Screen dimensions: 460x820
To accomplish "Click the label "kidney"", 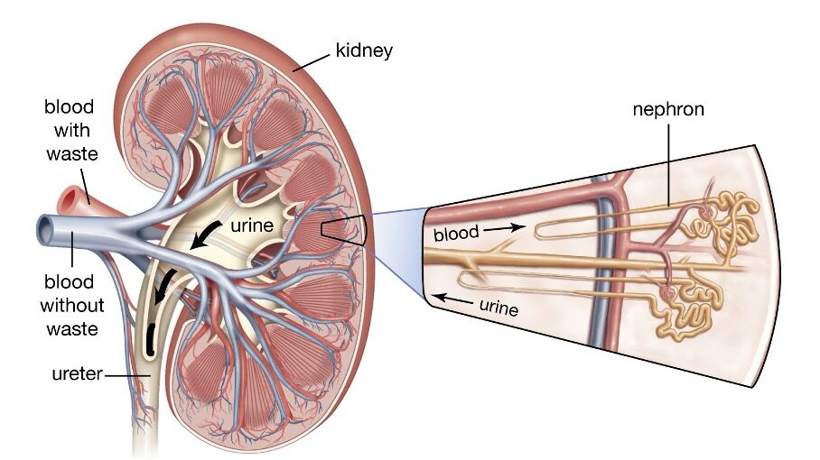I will point(363,50).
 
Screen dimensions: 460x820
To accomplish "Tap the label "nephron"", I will point(668,110).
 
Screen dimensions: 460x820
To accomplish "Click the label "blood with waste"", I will point(70,131).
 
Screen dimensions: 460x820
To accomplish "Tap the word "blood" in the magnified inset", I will point(456,234).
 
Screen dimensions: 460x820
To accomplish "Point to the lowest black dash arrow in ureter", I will point(148,336).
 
